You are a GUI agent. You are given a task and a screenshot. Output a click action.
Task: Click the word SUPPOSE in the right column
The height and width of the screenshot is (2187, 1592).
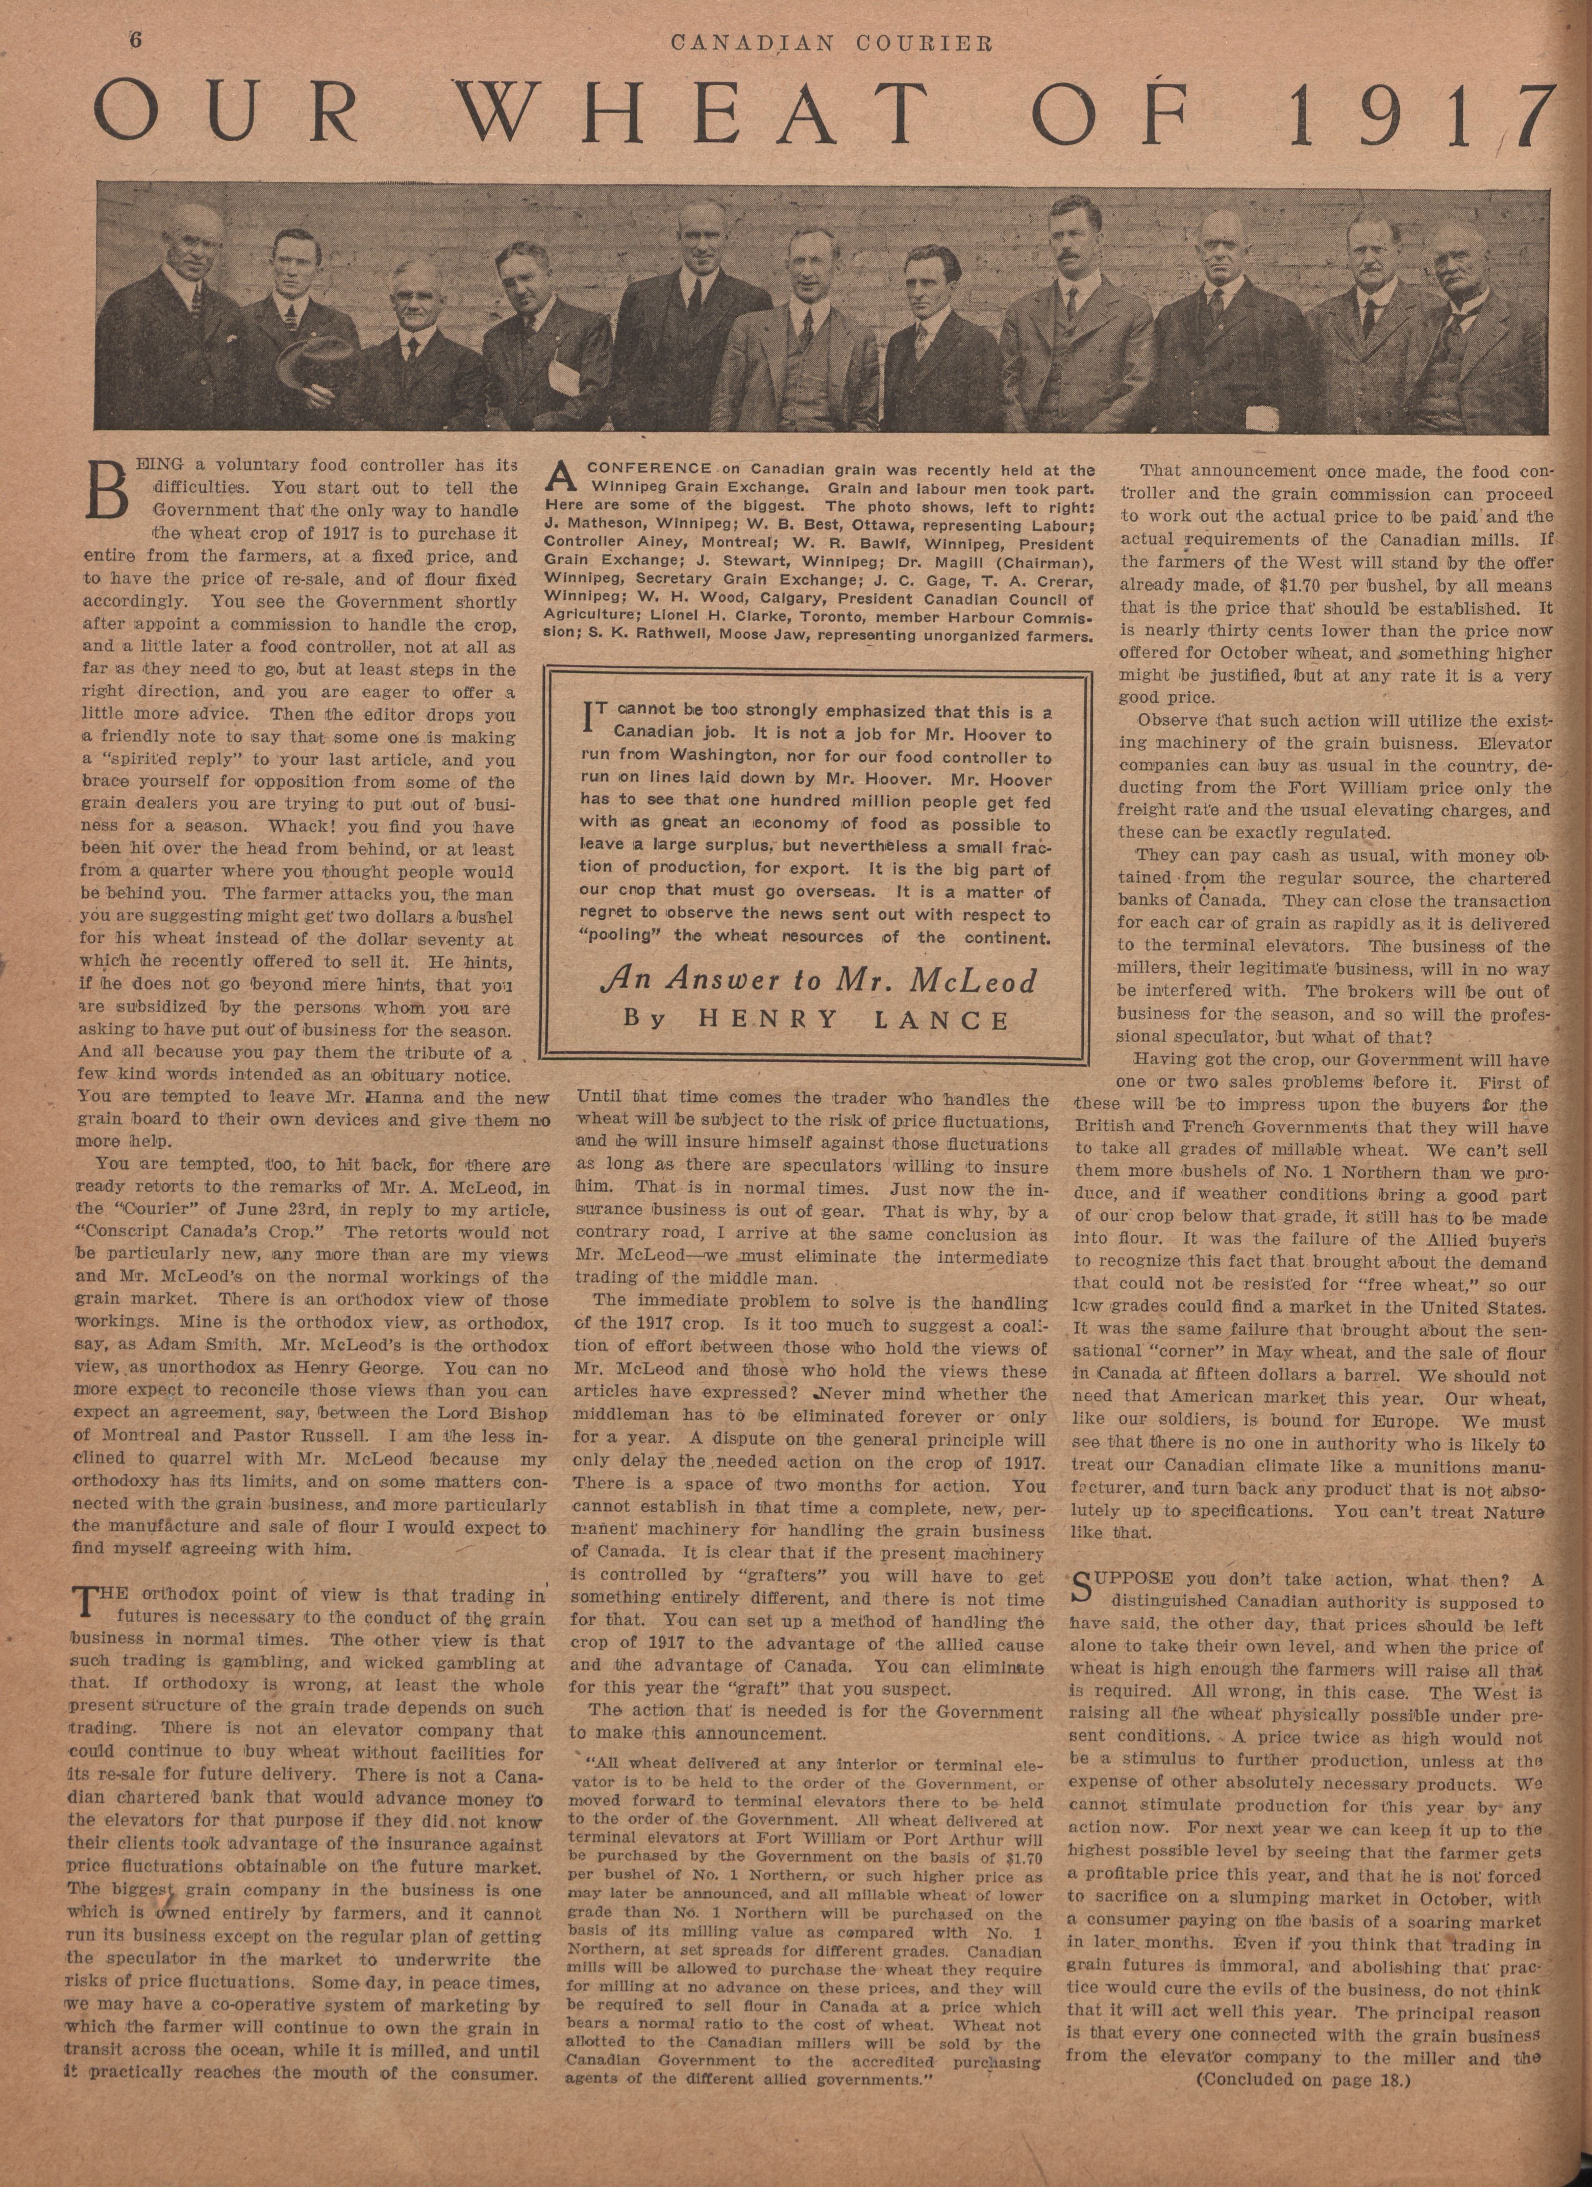tap(1124, 1578)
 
